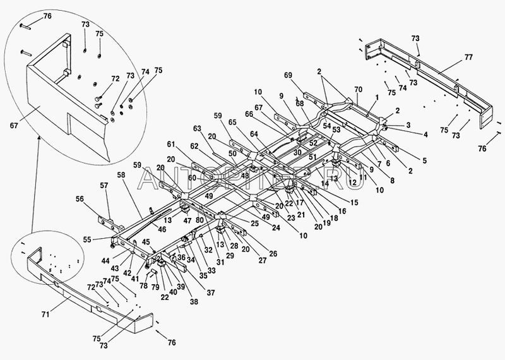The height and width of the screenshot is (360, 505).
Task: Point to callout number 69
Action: click(306, 75)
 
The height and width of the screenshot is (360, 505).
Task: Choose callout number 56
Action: click(80, 198)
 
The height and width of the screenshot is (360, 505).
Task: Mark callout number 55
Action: click(86, 240)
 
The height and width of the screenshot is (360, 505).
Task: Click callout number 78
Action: click(143, 286)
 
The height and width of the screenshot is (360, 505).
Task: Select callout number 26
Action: click(273, 254)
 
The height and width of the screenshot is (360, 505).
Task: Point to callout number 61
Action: click(170, 145)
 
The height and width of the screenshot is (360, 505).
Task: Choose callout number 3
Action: click(408, 125)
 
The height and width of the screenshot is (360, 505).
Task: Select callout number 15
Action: click(354, 202)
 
